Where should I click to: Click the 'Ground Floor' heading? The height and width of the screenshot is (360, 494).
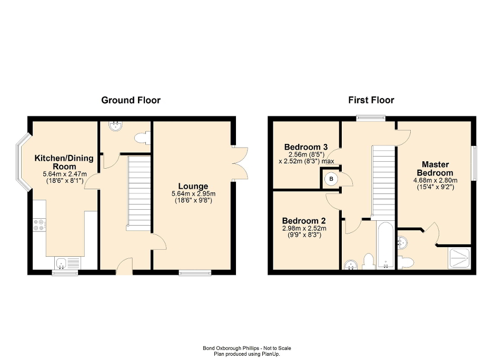[131, 100]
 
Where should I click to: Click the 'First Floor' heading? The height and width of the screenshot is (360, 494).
[371, 100]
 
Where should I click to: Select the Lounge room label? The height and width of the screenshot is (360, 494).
[193, 186]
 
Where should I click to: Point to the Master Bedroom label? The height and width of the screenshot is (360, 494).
[435, 169]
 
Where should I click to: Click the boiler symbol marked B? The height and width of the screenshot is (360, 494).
[331, 179]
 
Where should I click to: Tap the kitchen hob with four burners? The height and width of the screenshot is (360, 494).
[39, 225]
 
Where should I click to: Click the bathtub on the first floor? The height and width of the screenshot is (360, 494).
[384, 245]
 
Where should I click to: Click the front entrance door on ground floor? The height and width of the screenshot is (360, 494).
[124, 268]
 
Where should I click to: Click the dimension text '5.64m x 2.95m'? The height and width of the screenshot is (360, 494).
[193, 193]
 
